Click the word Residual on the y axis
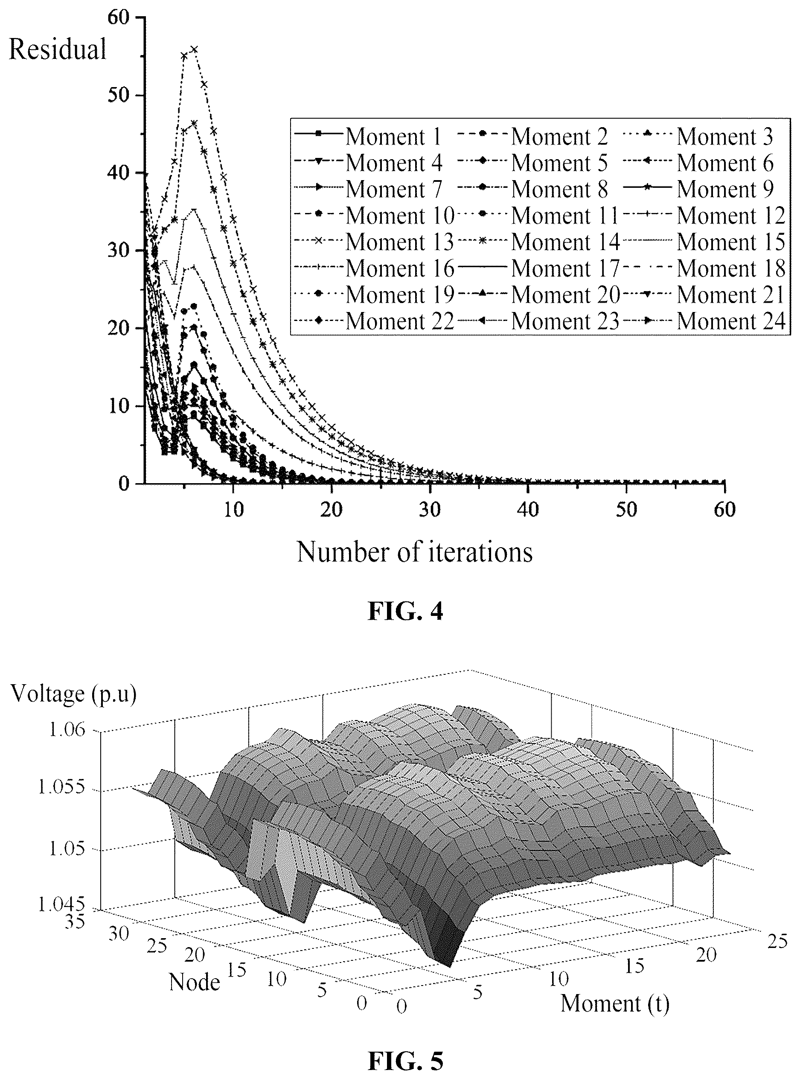[x=58, y=50]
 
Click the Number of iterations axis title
[x=415, y=551]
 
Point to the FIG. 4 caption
[x=405, y=611]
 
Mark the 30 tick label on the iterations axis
[x=430, y=510]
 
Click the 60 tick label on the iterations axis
[x=724, y=510]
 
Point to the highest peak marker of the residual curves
[x=194, y=49]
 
